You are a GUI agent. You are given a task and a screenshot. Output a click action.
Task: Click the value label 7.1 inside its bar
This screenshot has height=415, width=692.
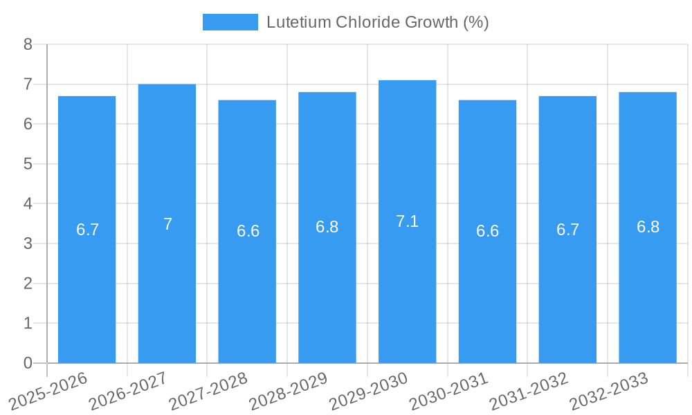click(407, 221)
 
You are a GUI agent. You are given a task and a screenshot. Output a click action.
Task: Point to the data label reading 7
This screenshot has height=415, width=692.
click(167, 224)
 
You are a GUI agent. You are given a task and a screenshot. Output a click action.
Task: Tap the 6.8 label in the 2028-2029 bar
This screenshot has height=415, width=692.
click(327, 227)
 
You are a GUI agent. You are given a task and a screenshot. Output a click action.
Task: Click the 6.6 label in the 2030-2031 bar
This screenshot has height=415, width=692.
click(487, 231)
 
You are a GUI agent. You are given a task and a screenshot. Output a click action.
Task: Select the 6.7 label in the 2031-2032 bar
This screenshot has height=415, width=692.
click(567, 230)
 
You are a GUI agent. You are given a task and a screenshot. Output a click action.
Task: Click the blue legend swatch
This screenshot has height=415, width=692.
click(230, 22)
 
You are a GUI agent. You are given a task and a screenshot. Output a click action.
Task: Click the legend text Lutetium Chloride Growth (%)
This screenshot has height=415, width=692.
click(377, 22)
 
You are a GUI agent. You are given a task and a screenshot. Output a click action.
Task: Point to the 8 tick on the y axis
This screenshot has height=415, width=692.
click(28, 44)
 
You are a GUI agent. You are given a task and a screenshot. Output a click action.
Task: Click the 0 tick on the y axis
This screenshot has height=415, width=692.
click(28, 363)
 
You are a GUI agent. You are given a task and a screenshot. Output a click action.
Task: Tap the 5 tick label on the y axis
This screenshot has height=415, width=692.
click(28, 164)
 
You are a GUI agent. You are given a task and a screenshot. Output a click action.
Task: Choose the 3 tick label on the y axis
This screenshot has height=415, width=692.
click(28, 243)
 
